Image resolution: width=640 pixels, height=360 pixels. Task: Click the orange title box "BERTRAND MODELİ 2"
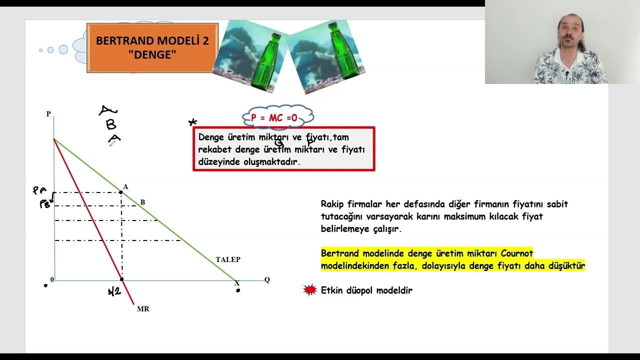pyautogui.click(x=152, y=47)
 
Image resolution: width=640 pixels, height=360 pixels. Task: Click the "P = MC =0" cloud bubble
pyautogui.click(x=277, y=118)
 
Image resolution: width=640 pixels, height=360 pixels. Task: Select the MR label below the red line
pyautogui.click(x=143, y=309)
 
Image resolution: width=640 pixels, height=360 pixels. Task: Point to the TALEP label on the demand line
pyautogui.click(x=228, y=259)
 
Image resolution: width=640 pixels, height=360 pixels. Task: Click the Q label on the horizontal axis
pyautogui.click(x=267, y=280)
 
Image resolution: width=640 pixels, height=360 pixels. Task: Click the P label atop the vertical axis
pyautogui.click(x=48, y=114)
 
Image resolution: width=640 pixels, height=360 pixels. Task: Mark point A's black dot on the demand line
pyautogui.click(x=121, y=192)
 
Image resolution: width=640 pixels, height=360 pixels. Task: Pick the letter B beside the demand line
pyautogui.click(x=142, y=202)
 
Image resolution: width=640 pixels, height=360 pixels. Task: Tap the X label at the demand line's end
pyautogui.click(x=237, y=283)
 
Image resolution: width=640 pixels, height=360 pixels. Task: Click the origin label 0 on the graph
pyautogui.click(x=52, y=280)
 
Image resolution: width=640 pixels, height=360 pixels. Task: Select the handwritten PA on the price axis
pyautogui.click(x=39, y=190)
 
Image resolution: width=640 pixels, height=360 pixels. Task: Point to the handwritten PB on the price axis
pyautogui.click(x=45, y=204)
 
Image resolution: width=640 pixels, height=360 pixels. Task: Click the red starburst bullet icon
pyautogui.click(x=310, y=290)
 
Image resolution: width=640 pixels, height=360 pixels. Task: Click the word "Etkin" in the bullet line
pyautogui.click(x=331, y=290)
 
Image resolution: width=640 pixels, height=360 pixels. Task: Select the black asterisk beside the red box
pyautogui.click(x=192, y=122)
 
